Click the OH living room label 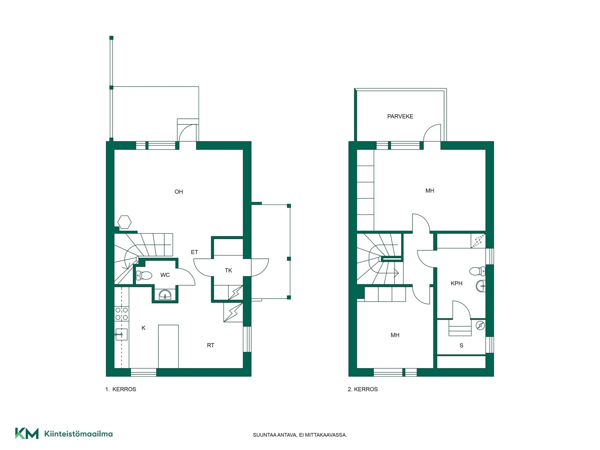coord(179,192)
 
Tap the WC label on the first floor coord(165,275)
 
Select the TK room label coord(228,271)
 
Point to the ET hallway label coord(194,252)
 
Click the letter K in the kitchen coord(143,328)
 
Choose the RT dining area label coord(211,345)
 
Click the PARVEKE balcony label coord(400,117)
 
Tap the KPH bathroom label coord(457,283)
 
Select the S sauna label coord(461,346)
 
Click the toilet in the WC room coord(144,275)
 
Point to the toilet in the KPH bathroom coord(477,271)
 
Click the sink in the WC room coord(165,295)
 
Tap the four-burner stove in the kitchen coord(122,314)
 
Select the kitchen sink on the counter coord(121,334)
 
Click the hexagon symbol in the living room coord(124,222)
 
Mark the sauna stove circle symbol coord(480,326)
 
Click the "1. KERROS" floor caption coord(121,389)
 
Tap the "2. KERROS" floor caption coord(363,389)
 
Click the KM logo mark coord(27,433)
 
